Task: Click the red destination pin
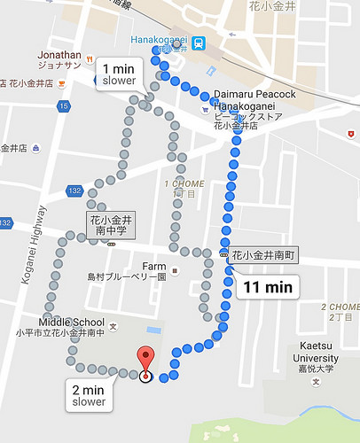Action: click(146, 359)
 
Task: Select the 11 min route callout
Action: click(267, 286)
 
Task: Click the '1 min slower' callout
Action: click(119, 74)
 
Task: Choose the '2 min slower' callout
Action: click(89, 395)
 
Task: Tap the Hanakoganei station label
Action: click(160, 40)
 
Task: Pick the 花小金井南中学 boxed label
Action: click(111, 226)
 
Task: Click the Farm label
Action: click(154, 266)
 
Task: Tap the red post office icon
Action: click(351, 134)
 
